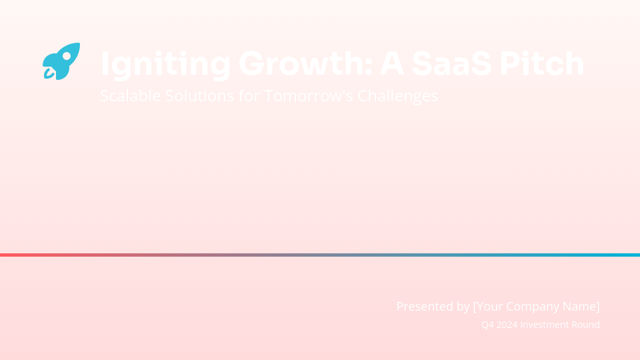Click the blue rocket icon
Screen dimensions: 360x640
pos(61,61)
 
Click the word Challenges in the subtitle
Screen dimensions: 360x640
pos(398,96)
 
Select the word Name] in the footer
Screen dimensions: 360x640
pos(582,307)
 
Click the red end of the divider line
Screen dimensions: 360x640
pos(5,255)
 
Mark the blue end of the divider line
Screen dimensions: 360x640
pos(635,255)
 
